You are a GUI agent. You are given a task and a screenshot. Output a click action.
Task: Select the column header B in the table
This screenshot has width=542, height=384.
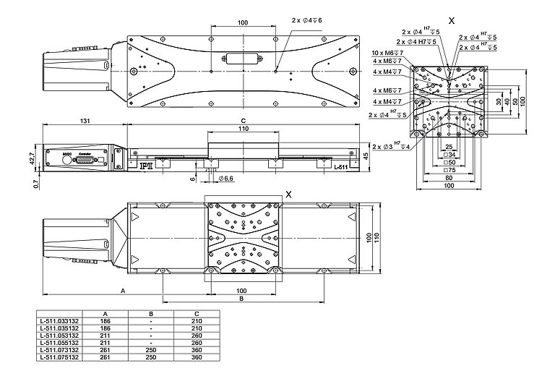pyautogui.click(x=150, y=314)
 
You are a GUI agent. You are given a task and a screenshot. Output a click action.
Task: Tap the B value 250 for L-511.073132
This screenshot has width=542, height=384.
pyautogui.click(x=150, y=350)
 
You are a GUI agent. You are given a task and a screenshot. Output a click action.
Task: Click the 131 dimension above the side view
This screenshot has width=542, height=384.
pyautogui.click(x=85, y=120)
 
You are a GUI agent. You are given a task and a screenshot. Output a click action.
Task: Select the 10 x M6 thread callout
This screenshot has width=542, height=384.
pyautogui.click(x=386, y=54)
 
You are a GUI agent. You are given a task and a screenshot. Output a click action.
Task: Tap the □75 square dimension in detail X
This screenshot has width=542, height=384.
pyautogui.click(x=449, y=171)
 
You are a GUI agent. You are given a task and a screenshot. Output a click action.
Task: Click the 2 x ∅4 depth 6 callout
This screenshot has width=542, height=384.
pyautogui.click(x=307, y=20)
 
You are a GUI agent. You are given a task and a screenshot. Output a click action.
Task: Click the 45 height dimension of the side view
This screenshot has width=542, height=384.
pyautogui.click(x=366, y=156)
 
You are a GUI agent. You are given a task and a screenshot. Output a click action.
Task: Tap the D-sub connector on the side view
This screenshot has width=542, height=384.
pyautogui.click(x=87, y=158)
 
